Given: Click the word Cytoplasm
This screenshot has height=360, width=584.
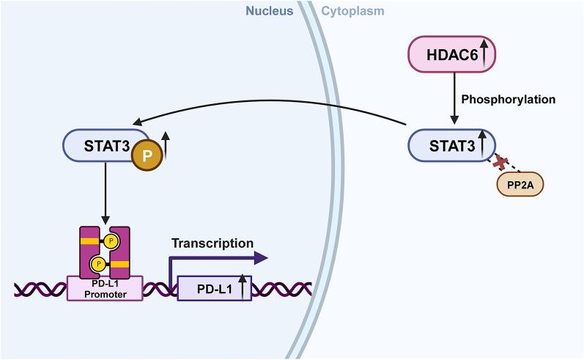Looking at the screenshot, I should (352, 11).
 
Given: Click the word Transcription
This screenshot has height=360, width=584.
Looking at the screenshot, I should (212, 243).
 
